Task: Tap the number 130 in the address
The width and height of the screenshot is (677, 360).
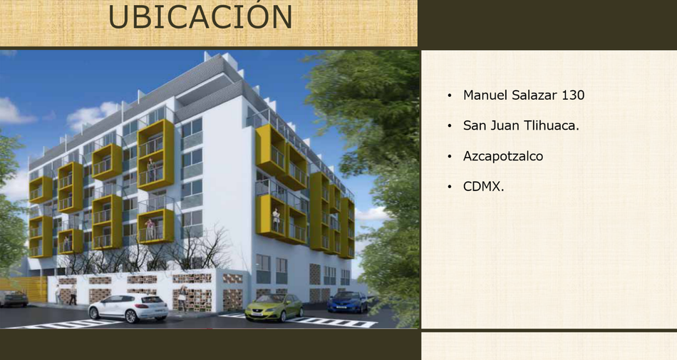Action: (x=572, y=95)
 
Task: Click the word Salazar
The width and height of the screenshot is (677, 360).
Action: (x=534, y=95)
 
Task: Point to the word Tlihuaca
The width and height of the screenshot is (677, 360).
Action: (x=552, y=125)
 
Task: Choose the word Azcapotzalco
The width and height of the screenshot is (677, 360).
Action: (x=503, y=156)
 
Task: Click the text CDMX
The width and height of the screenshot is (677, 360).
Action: (x=484, y=187)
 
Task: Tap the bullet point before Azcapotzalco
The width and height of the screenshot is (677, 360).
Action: (x=450, y=156)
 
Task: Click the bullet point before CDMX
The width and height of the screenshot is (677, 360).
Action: (x=450, y=187)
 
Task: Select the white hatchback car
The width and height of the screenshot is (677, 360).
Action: (x=128, y=308)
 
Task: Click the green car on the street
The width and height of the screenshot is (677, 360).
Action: (x=274, y=307)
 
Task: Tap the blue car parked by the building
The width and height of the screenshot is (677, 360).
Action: (x=347, y=302)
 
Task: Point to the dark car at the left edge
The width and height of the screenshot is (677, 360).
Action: (x=14, y=298)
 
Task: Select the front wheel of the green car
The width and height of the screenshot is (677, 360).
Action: (x=283, y=317)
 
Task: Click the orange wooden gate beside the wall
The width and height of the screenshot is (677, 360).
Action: (x=24, y=289)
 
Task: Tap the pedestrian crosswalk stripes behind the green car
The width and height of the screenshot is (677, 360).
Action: (x=333, y=322)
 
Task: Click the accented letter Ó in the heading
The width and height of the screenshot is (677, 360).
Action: (x=274, y=16)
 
